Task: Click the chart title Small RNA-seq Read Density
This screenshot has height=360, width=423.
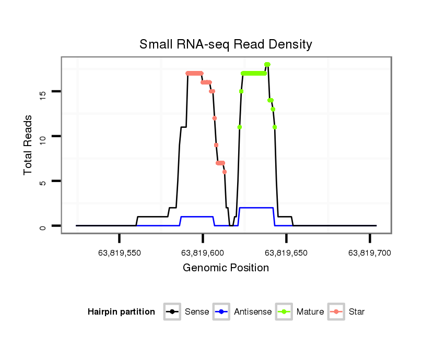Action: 226,44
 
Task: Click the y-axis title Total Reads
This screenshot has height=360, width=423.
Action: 29,145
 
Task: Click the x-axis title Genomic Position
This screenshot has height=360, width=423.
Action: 226,268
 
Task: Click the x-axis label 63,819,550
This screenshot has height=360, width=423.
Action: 120,253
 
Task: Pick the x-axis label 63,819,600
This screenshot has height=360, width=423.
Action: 203,253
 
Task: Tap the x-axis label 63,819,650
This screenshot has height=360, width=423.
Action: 286,253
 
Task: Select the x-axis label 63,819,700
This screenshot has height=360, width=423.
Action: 369,253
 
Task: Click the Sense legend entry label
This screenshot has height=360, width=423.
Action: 197,312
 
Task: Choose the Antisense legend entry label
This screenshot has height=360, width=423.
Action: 253,312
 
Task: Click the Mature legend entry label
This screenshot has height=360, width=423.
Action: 310,312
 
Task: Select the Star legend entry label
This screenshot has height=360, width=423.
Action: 357,312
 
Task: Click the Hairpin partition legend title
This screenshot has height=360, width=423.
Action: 121,312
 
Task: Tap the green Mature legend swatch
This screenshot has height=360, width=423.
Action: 284,312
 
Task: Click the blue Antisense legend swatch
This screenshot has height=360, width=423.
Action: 222,312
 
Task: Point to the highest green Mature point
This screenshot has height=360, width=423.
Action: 267,65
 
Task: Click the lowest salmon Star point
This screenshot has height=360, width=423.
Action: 225,172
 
